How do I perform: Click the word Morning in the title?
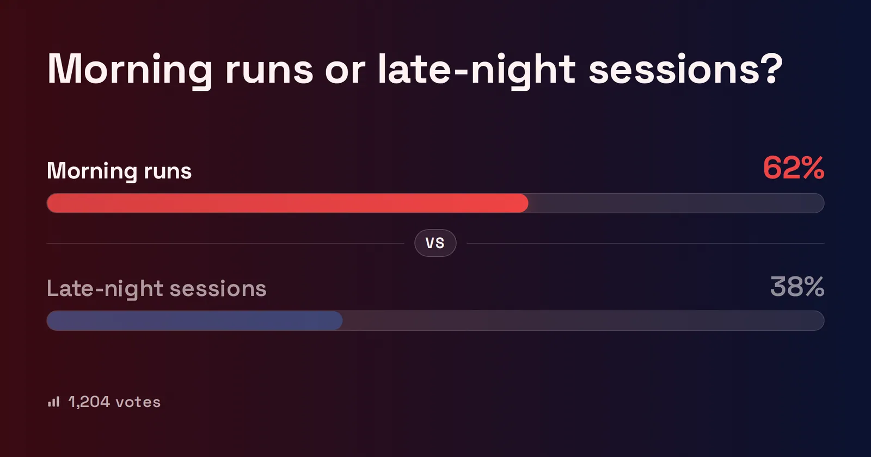pyautogui.click(x=130, y=70)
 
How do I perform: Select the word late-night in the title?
pyautogui.click(x=477, y=70)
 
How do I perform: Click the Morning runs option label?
pyautogui.click(x=119, y=171)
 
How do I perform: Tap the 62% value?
pyautogui.click(x=794, y=168)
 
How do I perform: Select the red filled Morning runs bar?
pyautogui.click(x=287, y=203)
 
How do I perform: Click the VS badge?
pyautogui.click(x=435, y=243)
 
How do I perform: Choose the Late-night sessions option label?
pyautogui.click(x=156, y=289)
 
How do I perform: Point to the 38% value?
pyautogui.click(x=797, y=287)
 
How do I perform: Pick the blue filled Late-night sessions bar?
pyautogui.click(x=194, y=320)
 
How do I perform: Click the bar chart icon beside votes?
pyautogui.click(x=54, y=402)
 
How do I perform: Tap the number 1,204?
pyautogui.click(x=89, y=402)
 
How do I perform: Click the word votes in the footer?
pyautogui.click(x=138, y=403)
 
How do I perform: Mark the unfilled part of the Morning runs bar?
pyautogui.click(x=676, y=203)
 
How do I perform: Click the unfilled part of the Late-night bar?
pyautogui.click(x=583, y=320)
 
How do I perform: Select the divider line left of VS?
pyautogui.click(x=225, y=243)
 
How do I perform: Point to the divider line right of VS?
pyautogui.click(x=646, y=243)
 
